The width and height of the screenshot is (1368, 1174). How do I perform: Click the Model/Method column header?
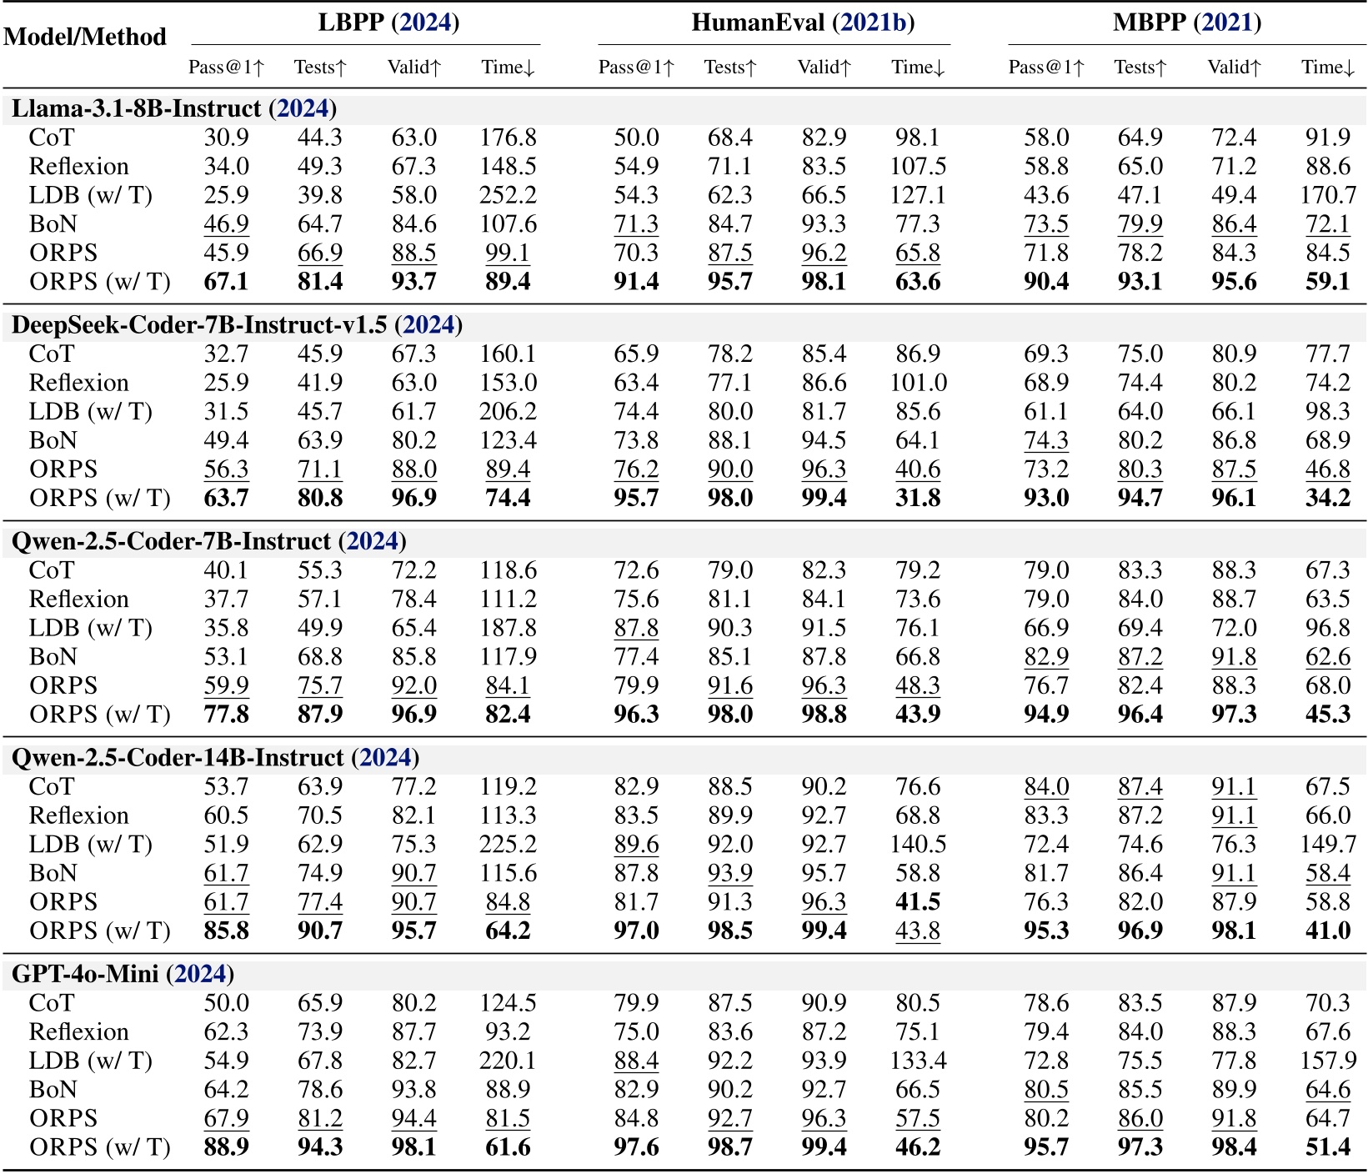(85, 37)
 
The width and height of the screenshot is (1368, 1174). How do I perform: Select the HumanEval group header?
(802, 22)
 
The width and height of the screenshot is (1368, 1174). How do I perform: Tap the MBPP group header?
(1186, 22)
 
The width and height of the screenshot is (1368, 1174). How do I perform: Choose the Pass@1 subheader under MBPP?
(1046, 68)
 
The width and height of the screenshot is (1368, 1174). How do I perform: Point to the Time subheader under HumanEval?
(918, 68)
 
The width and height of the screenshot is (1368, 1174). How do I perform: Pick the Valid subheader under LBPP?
(414, 68)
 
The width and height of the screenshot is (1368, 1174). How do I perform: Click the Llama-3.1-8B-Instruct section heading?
(174, 108)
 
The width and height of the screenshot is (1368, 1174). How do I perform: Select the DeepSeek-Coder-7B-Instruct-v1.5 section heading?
(237, 324)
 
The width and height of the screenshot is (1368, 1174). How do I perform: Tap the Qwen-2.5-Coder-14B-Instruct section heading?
(215, 757)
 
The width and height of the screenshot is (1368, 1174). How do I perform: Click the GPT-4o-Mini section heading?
(123, 973)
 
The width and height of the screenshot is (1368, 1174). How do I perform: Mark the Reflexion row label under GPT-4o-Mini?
(79, 1031)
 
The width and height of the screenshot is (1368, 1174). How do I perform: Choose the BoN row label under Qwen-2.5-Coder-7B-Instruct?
(53, 656)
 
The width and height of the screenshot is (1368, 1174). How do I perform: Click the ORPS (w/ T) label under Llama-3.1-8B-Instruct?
(100, 282)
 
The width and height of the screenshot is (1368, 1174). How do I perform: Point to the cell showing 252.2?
(508, 195)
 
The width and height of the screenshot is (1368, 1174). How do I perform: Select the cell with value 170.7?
(1328, 195)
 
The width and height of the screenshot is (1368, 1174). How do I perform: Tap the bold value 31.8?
(918, 498)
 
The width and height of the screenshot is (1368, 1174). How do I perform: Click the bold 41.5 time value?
(918, 901)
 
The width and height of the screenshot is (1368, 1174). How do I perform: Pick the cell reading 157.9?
(1328, 1061)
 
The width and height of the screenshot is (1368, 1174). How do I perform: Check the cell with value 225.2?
(508, 844)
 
